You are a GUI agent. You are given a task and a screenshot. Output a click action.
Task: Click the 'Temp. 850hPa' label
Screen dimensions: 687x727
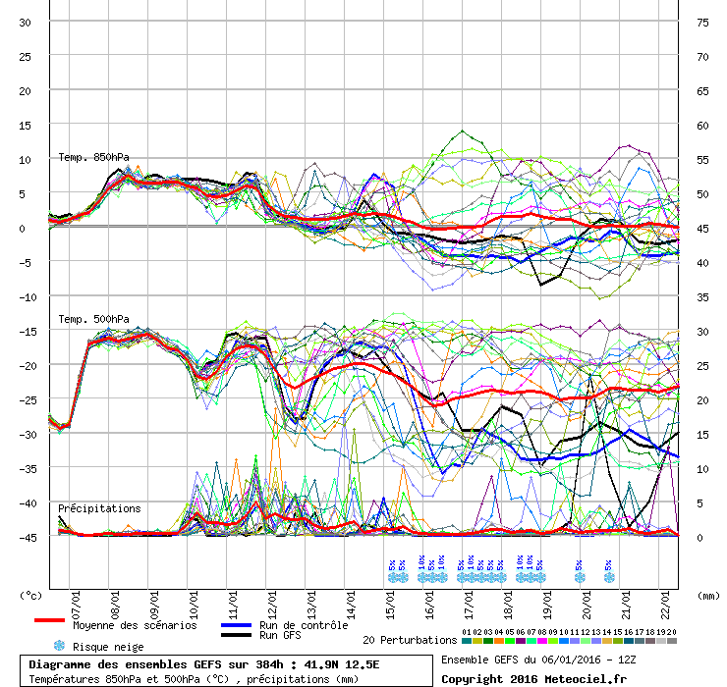(93, 157)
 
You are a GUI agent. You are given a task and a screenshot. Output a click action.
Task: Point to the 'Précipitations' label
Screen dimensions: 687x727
(99, 508)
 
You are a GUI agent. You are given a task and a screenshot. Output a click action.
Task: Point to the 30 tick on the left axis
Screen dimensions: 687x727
(26, 22)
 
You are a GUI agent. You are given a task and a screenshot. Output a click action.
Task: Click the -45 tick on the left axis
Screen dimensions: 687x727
(26, 537)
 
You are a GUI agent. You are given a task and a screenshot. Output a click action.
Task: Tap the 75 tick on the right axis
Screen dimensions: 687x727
(702, 22)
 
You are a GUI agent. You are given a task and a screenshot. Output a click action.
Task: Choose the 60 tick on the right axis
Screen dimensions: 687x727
(702, 125)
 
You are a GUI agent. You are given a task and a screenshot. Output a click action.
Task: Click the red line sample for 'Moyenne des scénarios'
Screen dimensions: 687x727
(63, 620)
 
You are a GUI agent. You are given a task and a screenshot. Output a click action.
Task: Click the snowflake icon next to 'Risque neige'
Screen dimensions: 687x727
(58, 646)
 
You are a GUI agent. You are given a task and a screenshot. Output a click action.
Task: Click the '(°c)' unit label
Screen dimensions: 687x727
(32, 595)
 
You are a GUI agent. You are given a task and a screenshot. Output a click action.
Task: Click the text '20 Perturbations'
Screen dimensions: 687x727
(410, 640)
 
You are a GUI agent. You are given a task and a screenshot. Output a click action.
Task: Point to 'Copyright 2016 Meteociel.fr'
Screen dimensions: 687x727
(533, 678)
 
